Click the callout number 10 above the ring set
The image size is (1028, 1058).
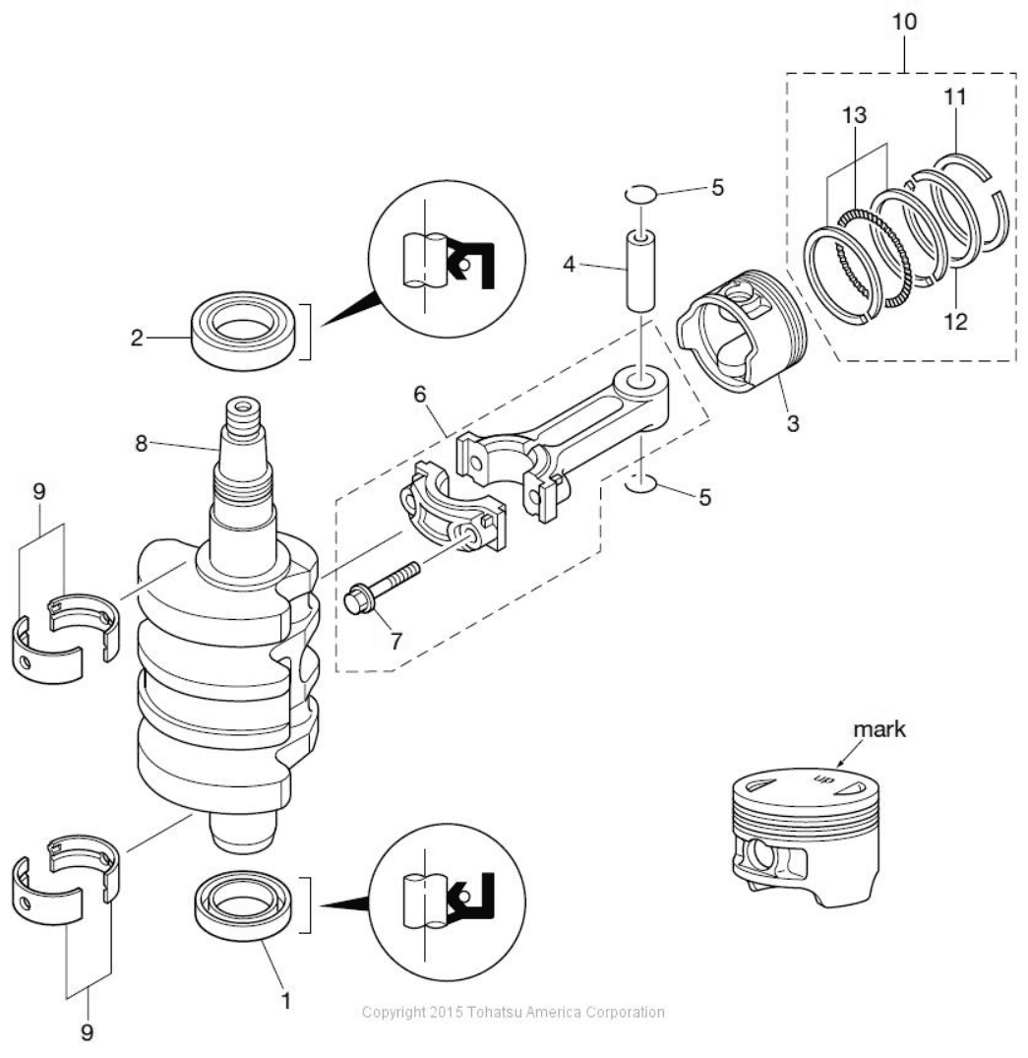[904, 22]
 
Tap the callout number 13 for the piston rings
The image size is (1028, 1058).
[854, 115]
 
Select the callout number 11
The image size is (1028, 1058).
[954, 97]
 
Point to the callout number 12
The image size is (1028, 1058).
[955, 321]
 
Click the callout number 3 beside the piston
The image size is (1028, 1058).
[793, 424]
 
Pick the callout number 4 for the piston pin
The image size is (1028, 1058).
[569, 265]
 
